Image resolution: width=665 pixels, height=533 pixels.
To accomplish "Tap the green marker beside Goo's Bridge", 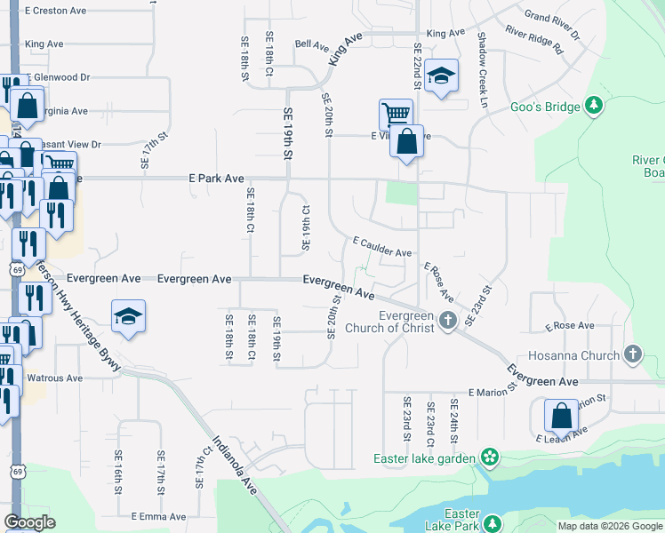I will click(x=594, y=107).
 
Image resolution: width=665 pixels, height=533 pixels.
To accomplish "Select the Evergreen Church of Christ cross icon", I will click(x=449, y=321).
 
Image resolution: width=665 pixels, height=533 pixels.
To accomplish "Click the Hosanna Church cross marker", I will click(x=632, y=355).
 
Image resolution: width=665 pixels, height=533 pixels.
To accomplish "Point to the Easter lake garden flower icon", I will click(x=488, y=458).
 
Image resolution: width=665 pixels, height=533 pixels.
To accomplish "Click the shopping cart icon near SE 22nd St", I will click(x=396, y=114).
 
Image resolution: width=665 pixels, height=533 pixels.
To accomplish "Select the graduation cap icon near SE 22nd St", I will click(x=440, y=76).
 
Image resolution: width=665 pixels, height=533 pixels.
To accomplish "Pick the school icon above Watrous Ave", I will click(x=128, y=315).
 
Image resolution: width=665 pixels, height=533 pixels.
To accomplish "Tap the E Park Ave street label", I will click(x=216, y=179).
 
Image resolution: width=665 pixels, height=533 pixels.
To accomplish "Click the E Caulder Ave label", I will click(x=382, y=247).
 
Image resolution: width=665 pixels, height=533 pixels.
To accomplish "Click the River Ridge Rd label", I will click(x=533, y=40).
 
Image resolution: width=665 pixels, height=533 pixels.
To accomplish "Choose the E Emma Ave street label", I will click(x=158, y=516).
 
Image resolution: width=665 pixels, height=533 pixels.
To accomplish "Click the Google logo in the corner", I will click(x=29, y=522).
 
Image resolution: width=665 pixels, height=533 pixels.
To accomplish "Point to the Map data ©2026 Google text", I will click(x=610, y=526).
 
